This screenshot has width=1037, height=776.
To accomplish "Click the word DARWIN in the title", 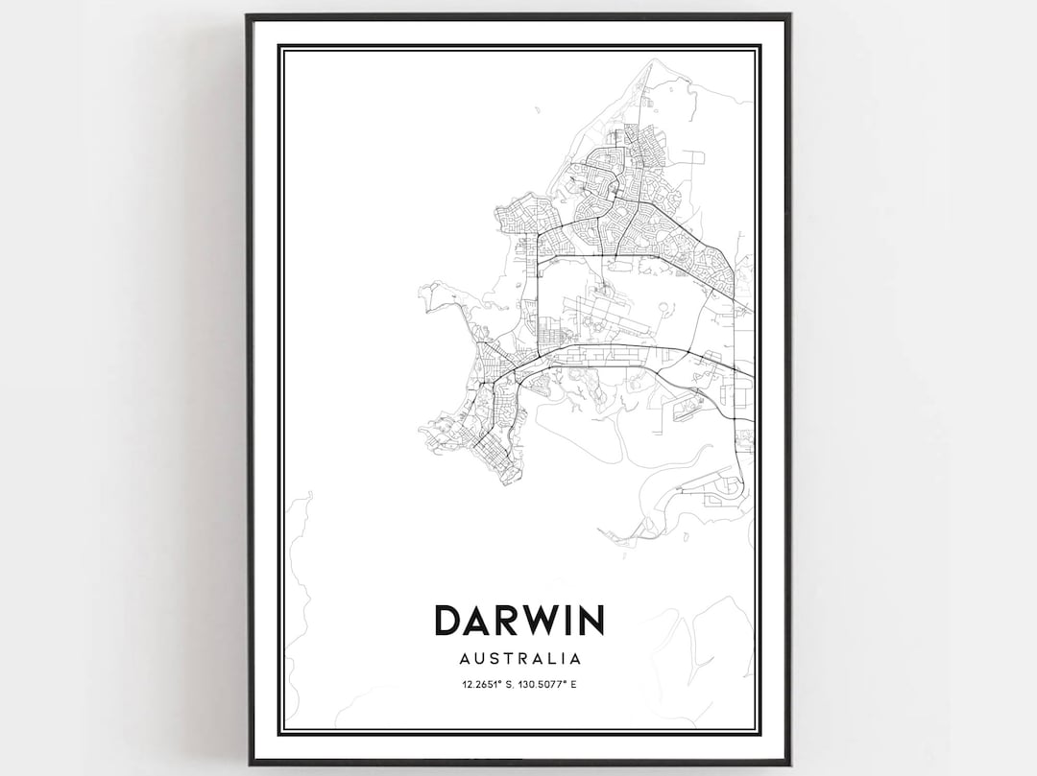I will pos(519,620).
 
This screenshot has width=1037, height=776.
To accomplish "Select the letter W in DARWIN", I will pos(539,620).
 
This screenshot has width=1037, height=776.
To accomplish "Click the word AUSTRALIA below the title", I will pos(519,659).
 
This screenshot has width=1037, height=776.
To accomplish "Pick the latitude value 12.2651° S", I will pos(486,684).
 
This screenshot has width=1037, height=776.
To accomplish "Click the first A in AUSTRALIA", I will pos(465,659).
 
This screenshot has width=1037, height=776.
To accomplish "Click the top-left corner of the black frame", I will pos(248,15).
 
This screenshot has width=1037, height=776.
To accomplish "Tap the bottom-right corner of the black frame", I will pos(789,764).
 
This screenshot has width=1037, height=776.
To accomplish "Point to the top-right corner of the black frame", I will pos(789,15).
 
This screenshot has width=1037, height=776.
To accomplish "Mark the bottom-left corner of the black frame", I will pos(248,764).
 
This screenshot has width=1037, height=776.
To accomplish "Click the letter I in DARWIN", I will pos(564,620).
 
